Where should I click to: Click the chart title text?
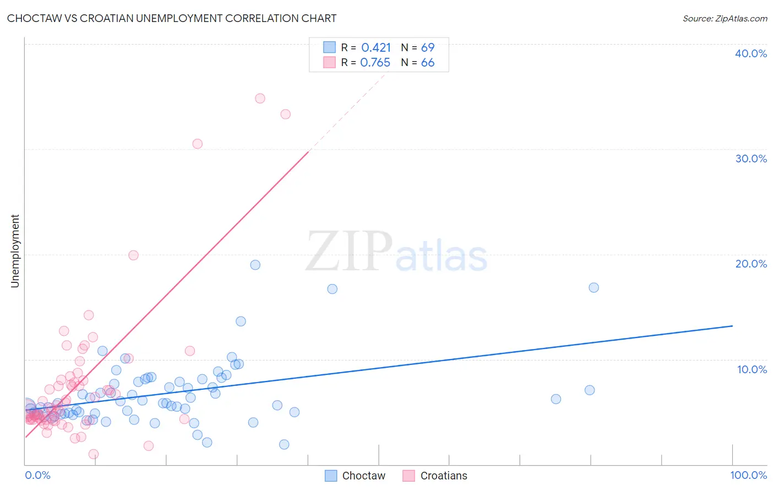[172, 18]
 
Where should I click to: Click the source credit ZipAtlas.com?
[724, 18]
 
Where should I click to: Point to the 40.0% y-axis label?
[751, 53]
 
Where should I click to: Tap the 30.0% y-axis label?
[751, 159]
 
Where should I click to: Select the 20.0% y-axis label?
[751, 264]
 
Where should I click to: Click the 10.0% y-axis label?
[751, 369]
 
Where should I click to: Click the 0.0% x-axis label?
[37, 475]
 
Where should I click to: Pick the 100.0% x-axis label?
[748, 475]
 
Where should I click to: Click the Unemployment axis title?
[15, 251]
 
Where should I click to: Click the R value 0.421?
[376, 48]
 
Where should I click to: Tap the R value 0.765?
[375, 63]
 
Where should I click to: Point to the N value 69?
[428, 48]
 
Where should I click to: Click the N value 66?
[428, 63]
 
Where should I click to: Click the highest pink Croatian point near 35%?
[260, 99]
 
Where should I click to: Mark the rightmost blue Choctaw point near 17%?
[593, 287]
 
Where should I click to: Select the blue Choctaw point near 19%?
[255, 265]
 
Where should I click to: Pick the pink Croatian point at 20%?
[133, 255]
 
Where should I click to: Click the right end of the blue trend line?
[732, 326]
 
